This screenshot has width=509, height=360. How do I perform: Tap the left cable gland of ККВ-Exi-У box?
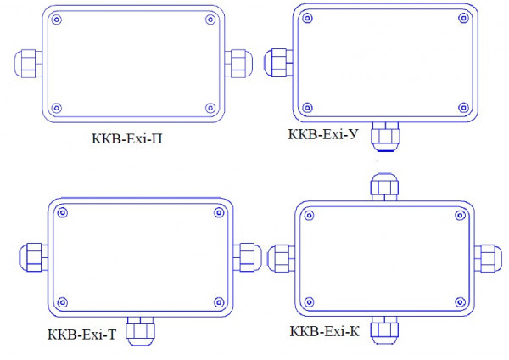tap(279, 62)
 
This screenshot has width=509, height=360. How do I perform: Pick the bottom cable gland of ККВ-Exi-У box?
tap(387, 136)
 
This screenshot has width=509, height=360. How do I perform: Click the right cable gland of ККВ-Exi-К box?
tap(488, 257)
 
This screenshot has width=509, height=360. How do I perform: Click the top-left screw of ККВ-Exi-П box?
tap(56, 20)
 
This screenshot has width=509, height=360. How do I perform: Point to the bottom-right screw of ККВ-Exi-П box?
tap(210, 107)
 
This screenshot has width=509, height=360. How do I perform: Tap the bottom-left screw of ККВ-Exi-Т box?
tap(62, 301)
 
